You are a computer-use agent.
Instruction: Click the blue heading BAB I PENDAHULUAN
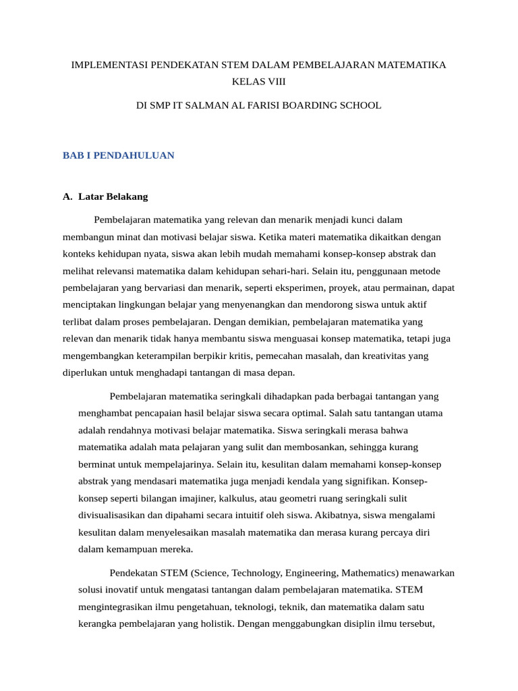click(x=118, y=155)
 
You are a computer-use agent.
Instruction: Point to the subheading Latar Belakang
click(x=113, y=197)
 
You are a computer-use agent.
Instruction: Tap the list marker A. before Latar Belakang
click(x=67, y=197)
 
